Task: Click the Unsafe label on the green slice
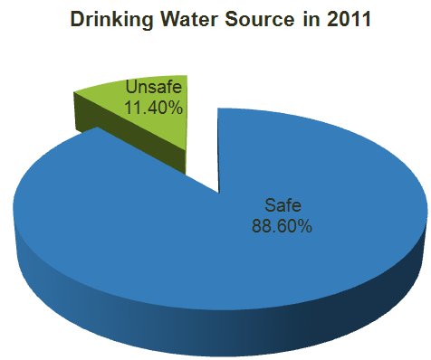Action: coord(153,90)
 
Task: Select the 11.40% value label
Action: coord(154,108)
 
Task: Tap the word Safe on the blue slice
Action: coord(282,204)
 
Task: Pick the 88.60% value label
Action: coord(282,226)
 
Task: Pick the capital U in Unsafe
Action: coord(130,90)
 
